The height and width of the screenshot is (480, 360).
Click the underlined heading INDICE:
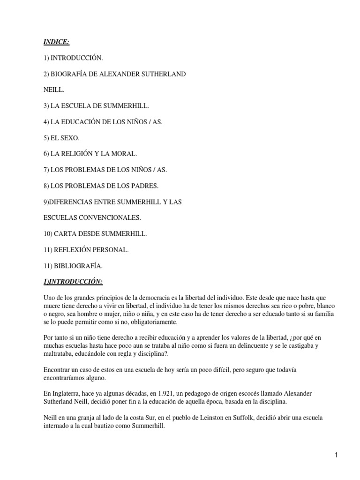point(57,42)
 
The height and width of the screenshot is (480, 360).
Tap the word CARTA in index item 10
point(67,234)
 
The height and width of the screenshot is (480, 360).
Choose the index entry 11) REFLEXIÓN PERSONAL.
point(86,250)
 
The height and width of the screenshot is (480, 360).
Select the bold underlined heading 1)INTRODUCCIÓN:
point(73,281)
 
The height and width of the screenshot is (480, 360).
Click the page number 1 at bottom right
point(337,455)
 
